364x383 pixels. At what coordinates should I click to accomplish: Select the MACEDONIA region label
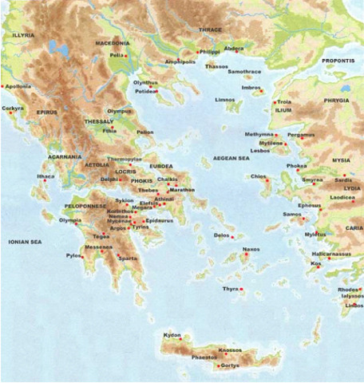click(x=112, y=42)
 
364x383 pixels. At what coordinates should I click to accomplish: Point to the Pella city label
click(x=117, y=55)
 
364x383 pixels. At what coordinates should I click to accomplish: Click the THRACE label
click(x=211, y=30)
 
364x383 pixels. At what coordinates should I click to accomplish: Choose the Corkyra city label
click(x=13, y=107)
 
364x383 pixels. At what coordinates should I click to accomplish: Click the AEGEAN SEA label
click(x=230, y=159)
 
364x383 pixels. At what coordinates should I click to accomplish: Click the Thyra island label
click(x=230, y=288)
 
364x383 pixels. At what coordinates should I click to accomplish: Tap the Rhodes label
click(x=348, y=289)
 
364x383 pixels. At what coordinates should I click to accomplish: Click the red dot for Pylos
click(x=81, y=257)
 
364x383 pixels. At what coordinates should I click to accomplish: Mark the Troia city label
click(x=285, y=102)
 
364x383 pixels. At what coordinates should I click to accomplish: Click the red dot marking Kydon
click(x=180, y=339)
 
